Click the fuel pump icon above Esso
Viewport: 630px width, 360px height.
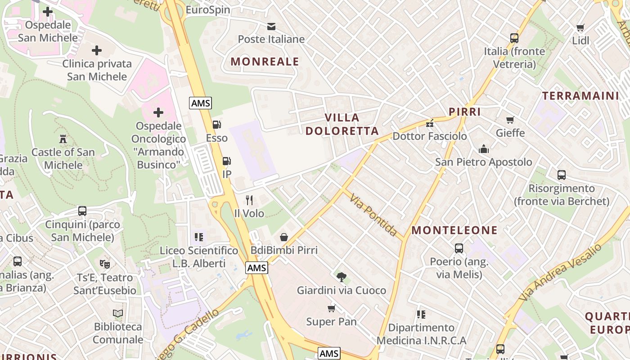pos(217,125)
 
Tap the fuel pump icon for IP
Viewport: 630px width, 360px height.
pos(227,161)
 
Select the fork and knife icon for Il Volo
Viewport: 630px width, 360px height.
pos(249,200)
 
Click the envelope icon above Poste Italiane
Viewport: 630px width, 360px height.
pos(271,26)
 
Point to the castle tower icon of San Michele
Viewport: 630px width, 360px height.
pos(63,139)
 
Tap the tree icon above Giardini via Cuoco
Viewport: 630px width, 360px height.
pos(342,277)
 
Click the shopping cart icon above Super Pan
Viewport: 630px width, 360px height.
pos(332,308)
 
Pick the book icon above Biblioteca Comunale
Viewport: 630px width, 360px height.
pos(118,313)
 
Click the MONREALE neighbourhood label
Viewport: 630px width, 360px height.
pos(265,62)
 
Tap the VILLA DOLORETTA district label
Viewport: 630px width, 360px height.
pos(342,124)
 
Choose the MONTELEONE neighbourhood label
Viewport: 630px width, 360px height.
pos(454,230)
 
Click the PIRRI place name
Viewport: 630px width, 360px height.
pos(465,112)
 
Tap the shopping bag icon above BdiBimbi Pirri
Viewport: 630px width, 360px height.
pos(284,237)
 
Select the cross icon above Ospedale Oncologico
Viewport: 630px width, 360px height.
pos(158,112)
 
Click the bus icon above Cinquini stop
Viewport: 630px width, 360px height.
pos(82,211)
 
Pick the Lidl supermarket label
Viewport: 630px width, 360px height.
pos(580,40)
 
